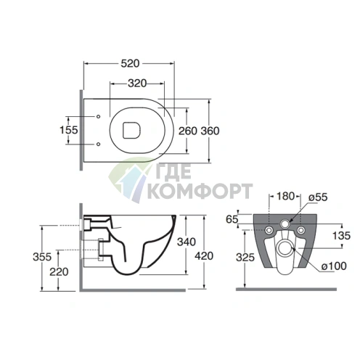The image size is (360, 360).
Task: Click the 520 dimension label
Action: pos(130,64)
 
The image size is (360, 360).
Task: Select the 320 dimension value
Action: pos(137,83)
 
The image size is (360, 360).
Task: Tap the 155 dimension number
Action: pos(69,130)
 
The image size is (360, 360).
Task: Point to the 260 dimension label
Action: pos(188,131)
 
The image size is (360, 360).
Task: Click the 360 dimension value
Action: pos(210,131)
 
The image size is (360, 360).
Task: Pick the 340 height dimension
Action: pos(187,242)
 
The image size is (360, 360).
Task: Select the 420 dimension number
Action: pos(204,256)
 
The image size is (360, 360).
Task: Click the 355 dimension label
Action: pos(42,257)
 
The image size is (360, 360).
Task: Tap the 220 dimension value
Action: pos(59,272)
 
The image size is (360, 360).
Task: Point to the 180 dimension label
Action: pos(285,196)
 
